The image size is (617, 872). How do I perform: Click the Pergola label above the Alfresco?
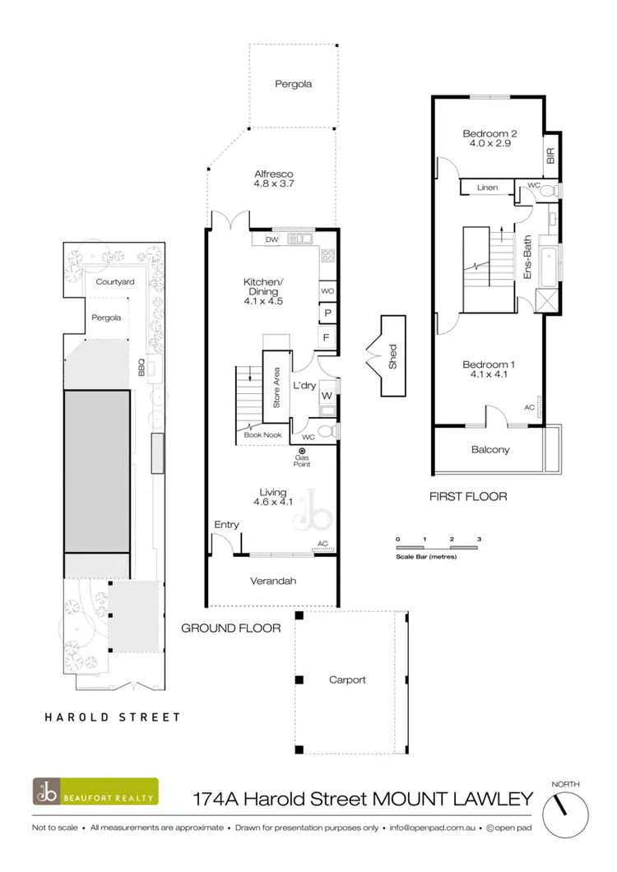pos(293,84)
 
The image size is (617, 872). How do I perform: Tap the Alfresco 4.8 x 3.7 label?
pos(275,179)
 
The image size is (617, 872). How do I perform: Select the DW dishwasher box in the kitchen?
pos(271,240)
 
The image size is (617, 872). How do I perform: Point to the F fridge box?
pos(327,338)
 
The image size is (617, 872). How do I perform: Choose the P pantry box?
pos(327,314)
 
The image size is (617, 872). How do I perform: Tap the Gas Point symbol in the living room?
pos(302,452)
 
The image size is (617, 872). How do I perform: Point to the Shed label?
pos(392,356)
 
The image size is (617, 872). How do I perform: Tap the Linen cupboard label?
pos(486,188)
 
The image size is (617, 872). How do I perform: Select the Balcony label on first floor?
pos(490,450)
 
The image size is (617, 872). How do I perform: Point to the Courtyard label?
pos(114,282)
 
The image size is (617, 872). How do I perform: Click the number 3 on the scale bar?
pos(478,539)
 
